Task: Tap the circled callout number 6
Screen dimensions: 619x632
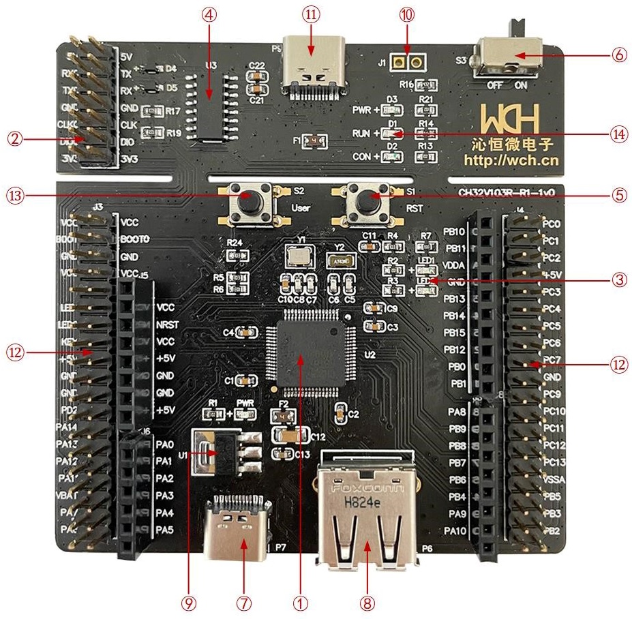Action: point(619,56)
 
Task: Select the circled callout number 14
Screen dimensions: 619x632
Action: point(619,134)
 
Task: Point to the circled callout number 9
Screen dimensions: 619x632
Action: point(189,603)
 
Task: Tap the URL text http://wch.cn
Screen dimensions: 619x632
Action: point(511,161)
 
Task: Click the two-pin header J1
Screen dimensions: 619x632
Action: point(408,62)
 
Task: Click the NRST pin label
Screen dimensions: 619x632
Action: point(167,324)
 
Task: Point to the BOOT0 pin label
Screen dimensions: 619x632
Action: point(134,239)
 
